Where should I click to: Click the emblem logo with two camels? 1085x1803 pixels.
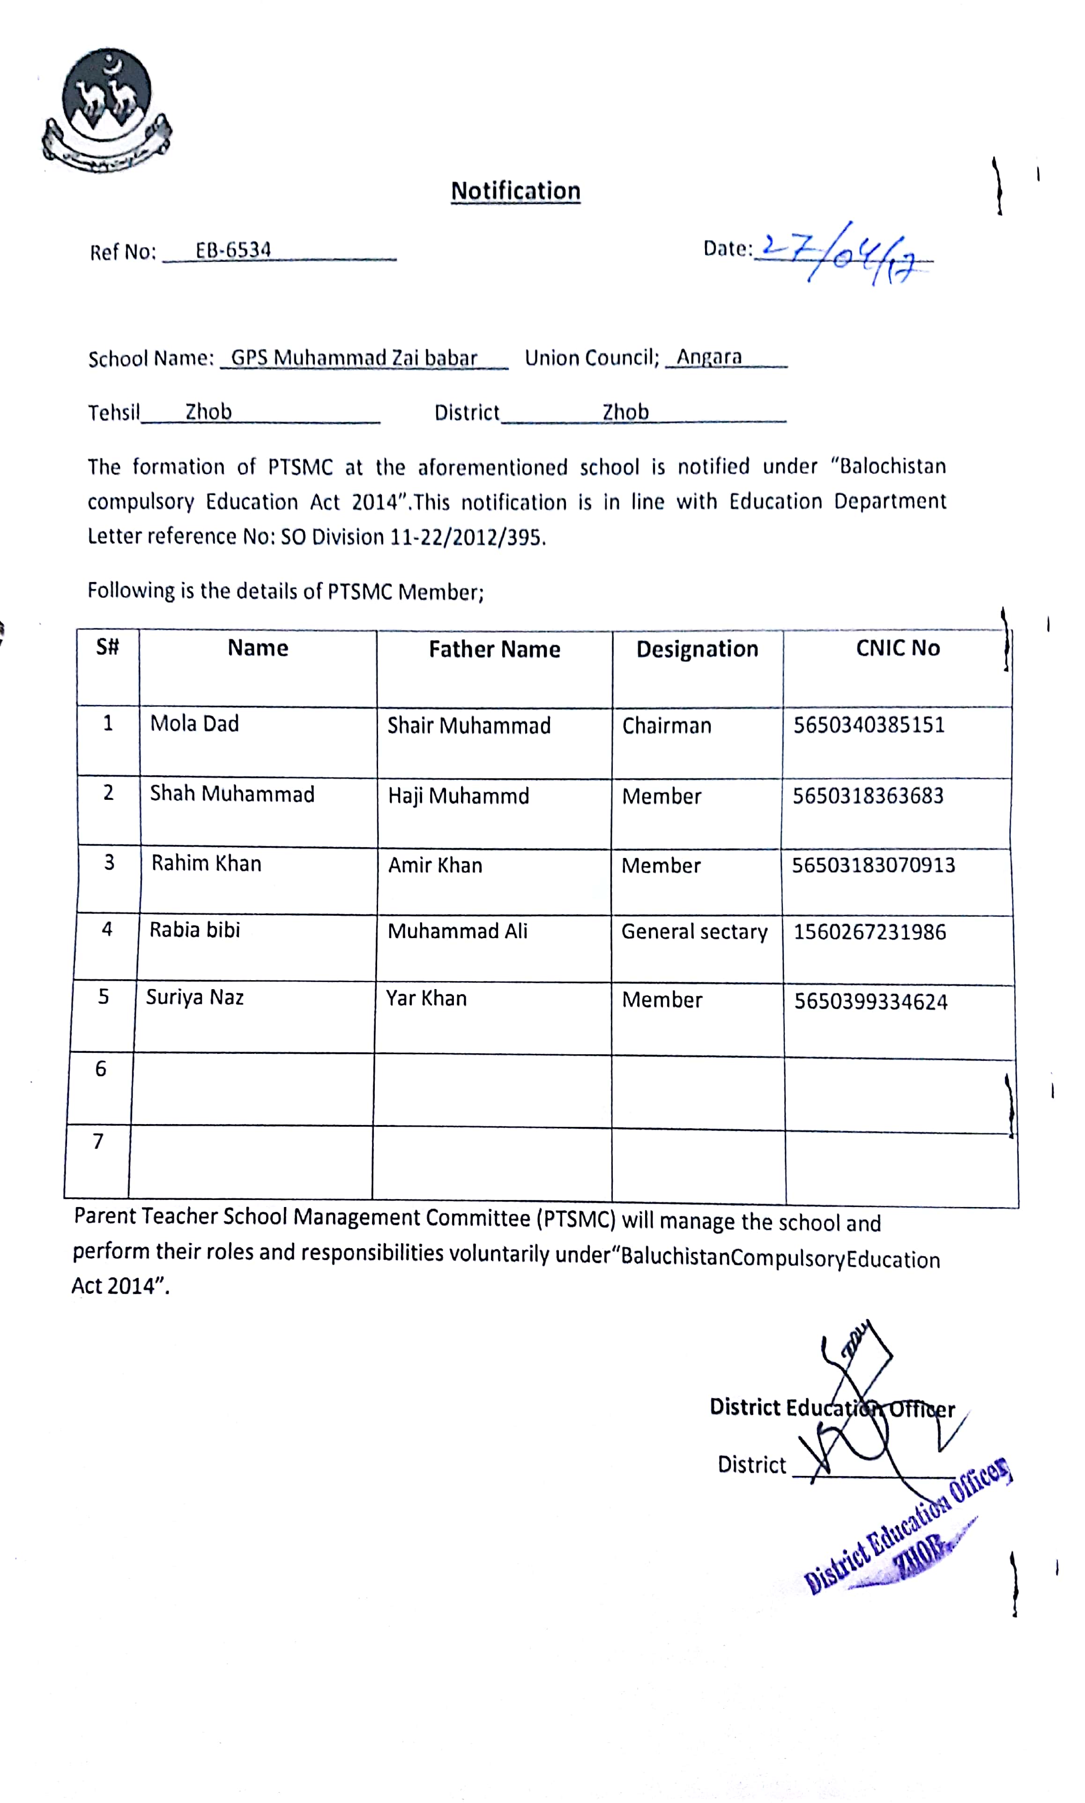pos(107,110)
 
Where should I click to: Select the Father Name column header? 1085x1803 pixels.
pos(494,649)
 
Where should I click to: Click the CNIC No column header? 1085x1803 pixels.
pos(898,648)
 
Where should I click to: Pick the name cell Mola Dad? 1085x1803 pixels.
pos(194,724)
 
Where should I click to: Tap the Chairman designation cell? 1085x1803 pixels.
pos(666,726)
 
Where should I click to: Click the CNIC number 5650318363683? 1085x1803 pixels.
pos(868,796)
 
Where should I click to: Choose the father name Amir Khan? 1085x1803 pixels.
pos(435,866)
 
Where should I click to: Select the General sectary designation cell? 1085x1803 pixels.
pos(694,932)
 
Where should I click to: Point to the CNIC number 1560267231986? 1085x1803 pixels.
pos(869,932)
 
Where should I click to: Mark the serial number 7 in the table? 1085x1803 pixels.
pos(98,1141)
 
